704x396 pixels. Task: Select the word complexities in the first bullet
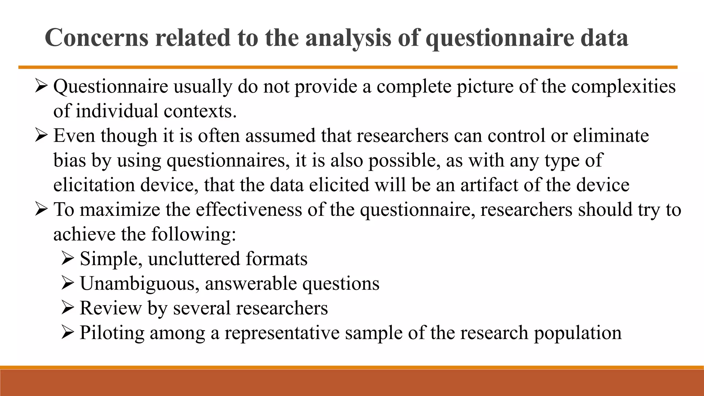(624, 86)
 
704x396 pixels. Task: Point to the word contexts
(200, 111)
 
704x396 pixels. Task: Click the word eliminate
(611, 135)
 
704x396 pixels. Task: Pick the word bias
(69, 160)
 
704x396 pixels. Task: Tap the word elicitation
(94, 185)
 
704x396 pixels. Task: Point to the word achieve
(84, 234)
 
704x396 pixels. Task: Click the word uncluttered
(194, 259)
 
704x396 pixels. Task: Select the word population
(577, 333)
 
